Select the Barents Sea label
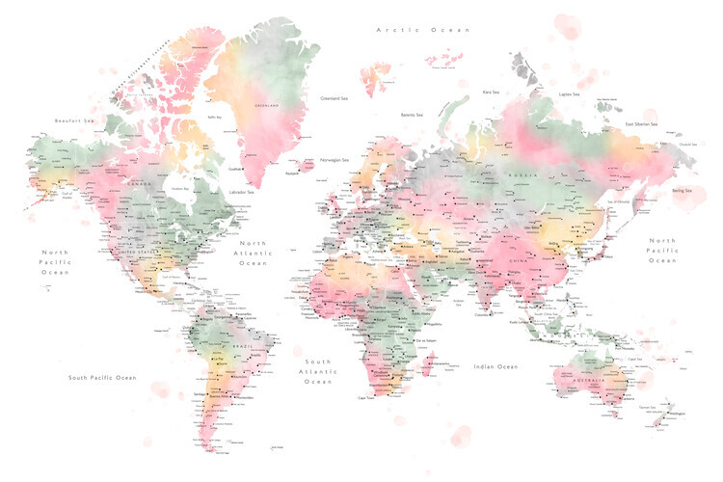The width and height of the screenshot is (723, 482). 414,115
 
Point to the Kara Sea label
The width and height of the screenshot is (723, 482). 492,93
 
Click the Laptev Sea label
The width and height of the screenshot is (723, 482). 568,94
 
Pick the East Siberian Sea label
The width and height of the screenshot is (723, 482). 640,124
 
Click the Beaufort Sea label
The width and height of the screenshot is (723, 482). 75,120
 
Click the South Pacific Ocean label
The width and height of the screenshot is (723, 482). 102,378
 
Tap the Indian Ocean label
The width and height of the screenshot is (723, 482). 495,366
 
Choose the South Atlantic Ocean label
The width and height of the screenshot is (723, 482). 317,372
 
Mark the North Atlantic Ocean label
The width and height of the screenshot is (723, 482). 253,253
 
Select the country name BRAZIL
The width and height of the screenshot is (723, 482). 241,343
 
